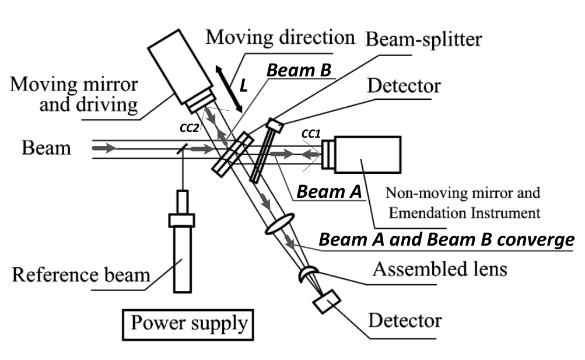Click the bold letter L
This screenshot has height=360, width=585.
[x=244, y=86]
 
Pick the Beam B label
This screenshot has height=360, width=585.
[x=299, y=71]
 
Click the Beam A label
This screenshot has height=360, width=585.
[x=328, y=191]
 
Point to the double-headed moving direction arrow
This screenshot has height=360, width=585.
[x=228, y=89]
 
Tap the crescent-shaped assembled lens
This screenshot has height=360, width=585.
[x=308, y=274]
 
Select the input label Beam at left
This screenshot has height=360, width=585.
[x=47, y=148]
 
